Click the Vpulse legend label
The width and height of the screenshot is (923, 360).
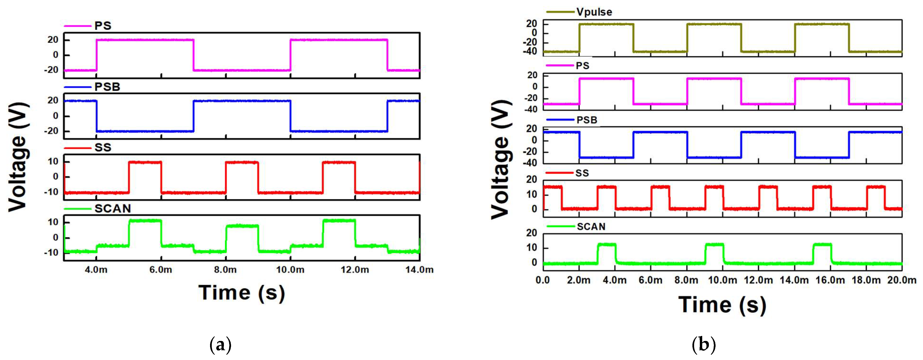tap(594, 12)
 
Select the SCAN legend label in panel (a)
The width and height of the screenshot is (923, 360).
tap(113, 208)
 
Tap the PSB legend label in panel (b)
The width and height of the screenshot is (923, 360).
tap(587, 120)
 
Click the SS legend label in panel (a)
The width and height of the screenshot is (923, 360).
tap(103, 148)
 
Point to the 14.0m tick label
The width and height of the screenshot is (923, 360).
tap(419, 269)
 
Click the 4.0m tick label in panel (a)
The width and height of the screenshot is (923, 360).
tap(96, 269)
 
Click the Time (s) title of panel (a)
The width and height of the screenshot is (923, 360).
tap(242, 293)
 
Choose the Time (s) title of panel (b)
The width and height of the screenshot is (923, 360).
tap(722, 305)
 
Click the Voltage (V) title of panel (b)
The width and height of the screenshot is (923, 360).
tap(500, 160)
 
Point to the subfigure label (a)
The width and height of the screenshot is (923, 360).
tap(220, 345)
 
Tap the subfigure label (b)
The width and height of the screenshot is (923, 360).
tap(704, 345)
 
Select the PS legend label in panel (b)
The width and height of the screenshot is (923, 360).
tap(582, 66)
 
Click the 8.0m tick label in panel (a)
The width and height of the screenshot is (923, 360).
tap(225, 269)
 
